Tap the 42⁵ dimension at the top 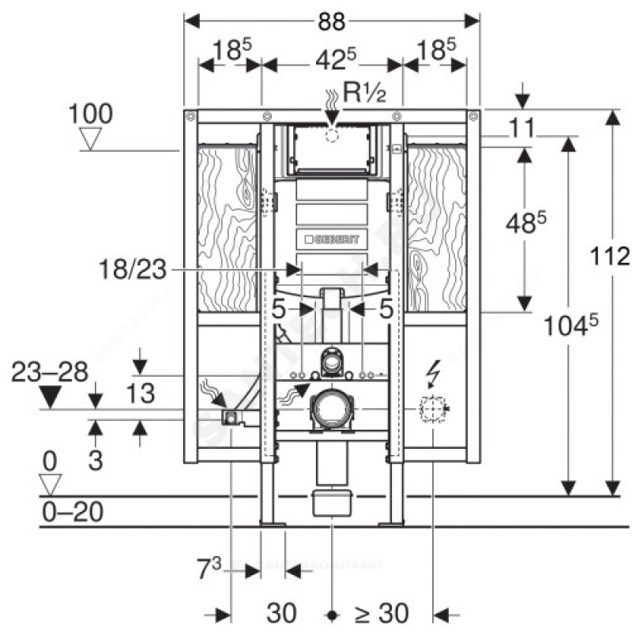[332, 58]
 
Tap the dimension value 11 [521, 126]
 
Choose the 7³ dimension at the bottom [212, 566]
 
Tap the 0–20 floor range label [72, 513]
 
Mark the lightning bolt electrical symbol [434, 371]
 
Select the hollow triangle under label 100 [93, 140]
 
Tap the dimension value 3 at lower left [95, 460]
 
